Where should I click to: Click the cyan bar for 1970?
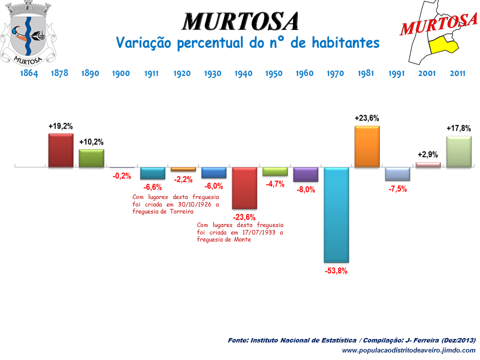[x=336, y=215]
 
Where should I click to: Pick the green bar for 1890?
[x=91, y=157]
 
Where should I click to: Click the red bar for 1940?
[x=244, y=188]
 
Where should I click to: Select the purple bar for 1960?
[x=305, y=174]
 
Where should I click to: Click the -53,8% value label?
[x=335, y=271]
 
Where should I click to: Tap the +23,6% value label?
[x=366, y=118]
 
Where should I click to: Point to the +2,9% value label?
[x=427, y=155]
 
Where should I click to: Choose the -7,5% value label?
[x=397, y=189]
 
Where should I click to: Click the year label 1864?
[x=29, y=73]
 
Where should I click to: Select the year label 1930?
[x=212, y=73]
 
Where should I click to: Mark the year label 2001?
[x=427, y=73]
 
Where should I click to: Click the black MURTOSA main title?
[x=240, y=21]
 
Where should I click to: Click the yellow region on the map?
[x=443, y=44]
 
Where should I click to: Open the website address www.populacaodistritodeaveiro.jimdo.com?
[x=408, y=350]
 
